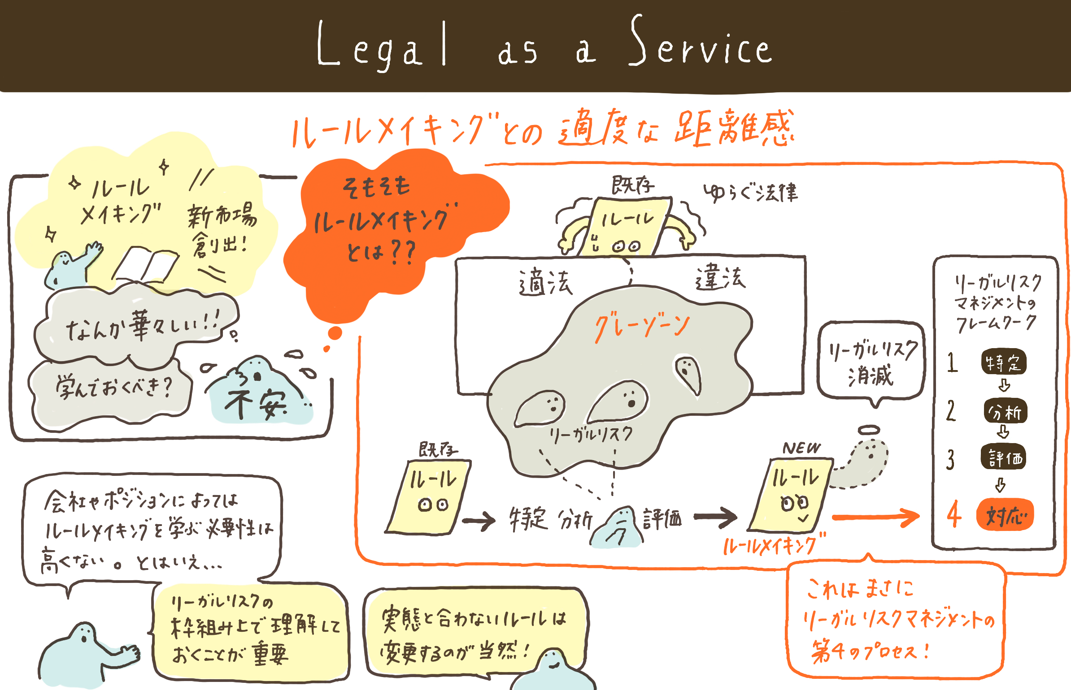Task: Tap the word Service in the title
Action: tap(700, 45)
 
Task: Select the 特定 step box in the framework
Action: tap(1004, 362)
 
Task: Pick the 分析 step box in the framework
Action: tap(1005, 411)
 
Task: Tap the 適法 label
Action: tap(545, 282)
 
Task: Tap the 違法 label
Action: tap(720, 278)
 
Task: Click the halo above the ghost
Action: tap(869, 430)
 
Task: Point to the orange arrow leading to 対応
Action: tap(875, 517)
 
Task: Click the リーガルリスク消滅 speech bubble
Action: tap(870, 361)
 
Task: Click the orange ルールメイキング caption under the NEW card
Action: tap(774, 544)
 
